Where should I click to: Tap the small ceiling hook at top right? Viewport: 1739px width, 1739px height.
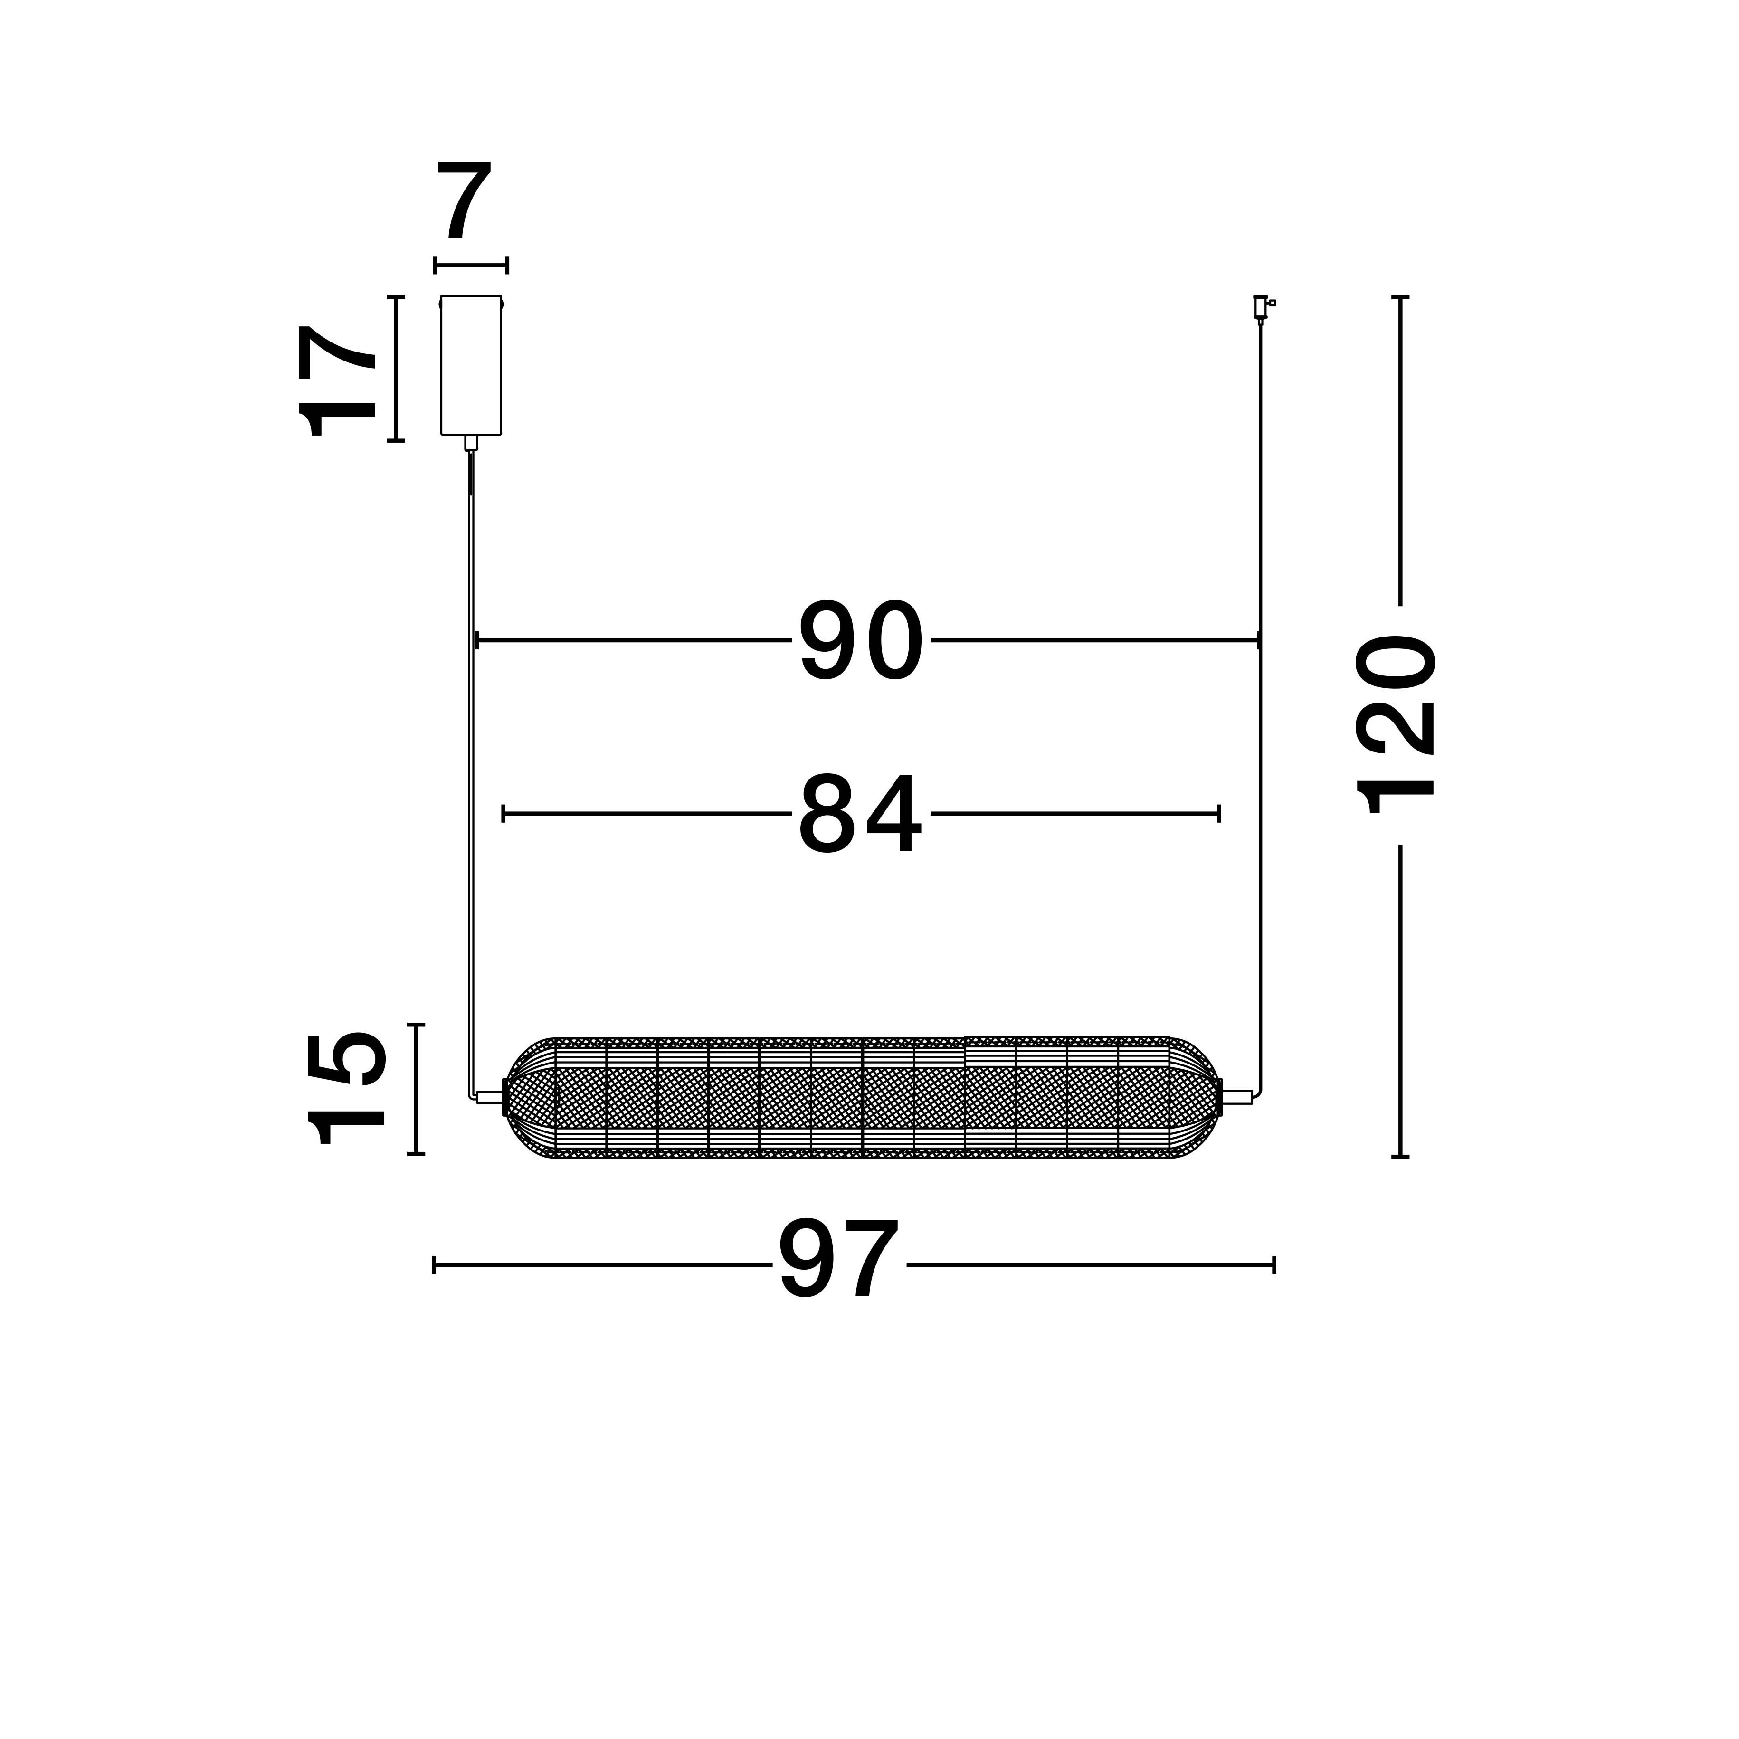1263,308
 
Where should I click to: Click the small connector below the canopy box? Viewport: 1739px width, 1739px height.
471,443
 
